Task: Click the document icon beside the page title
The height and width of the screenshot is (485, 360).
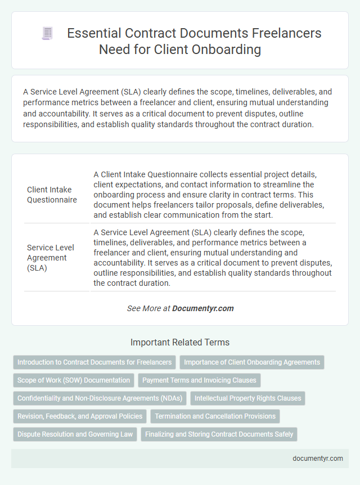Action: [x=47, y=34]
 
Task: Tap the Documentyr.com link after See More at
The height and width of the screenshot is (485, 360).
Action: [x=202, y=308]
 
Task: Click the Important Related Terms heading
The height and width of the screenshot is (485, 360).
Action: [x=180, y=342]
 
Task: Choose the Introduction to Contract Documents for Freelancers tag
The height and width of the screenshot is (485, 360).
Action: [x=94, y=362]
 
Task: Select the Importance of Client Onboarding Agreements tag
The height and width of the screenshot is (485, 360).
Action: [x=252, y=362]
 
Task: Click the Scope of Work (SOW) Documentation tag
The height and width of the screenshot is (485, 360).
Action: [x=74, y=380]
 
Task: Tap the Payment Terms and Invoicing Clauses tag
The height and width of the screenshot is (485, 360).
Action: [x=199, y=380]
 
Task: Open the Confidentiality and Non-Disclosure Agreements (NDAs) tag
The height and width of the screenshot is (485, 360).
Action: [x=100, y=398]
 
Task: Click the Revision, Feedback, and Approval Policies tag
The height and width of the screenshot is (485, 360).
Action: [x=79, y=416]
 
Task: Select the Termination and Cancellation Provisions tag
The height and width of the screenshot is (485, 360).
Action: [x=215, y=416]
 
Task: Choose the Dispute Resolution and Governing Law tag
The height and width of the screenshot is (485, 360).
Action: [x=75, y=434]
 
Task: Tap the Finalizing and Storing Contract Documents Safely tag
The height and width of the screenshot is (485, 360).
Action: [x=219, y=434]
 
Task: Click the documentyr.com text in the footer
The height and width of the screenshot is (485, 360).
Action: [x=318, y=459]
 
